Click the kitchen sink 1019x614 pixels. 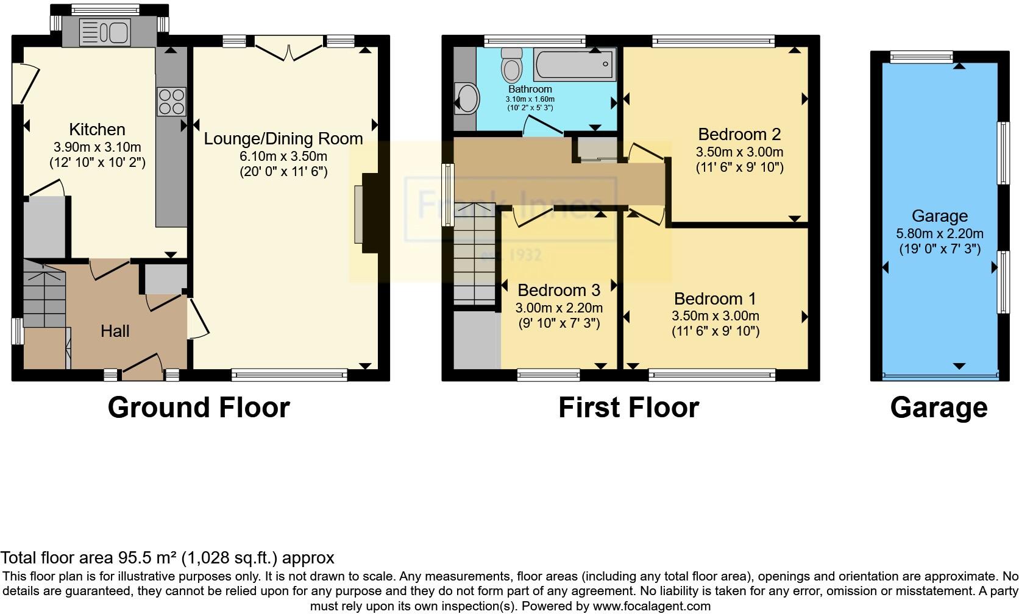click(105, 32)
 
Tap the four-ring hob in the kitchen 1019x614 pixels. click(171, 102)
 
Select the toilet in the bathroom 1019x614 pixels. click(512, 65)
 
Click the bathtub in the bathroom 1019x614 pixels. click(575, 65)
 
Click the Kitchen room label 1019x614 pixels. click(98, 130)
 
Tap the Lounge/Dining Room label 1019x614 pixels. click(283, 139)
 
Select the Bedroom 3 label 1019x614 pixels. click(559, 290)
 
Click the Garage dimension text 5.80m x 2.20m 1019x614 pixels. click(940, 234)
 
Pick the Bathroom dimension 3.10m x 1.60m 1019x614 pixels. click(530, 99)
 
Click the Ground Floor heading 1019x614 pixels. click(199, 408)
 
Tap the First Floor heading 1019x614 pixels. click(629, 408)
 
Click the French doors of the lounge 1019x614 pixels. click(289, 49)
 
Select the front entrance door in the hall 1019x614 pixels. click(141, 367)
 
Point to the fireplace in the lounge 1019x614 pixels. click(367, 213)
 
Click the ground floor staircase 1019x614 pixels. click(44, 293)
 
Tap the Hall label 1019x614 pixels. click(115, 331)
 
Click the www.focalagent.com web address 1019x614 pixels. click(652, 606)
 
